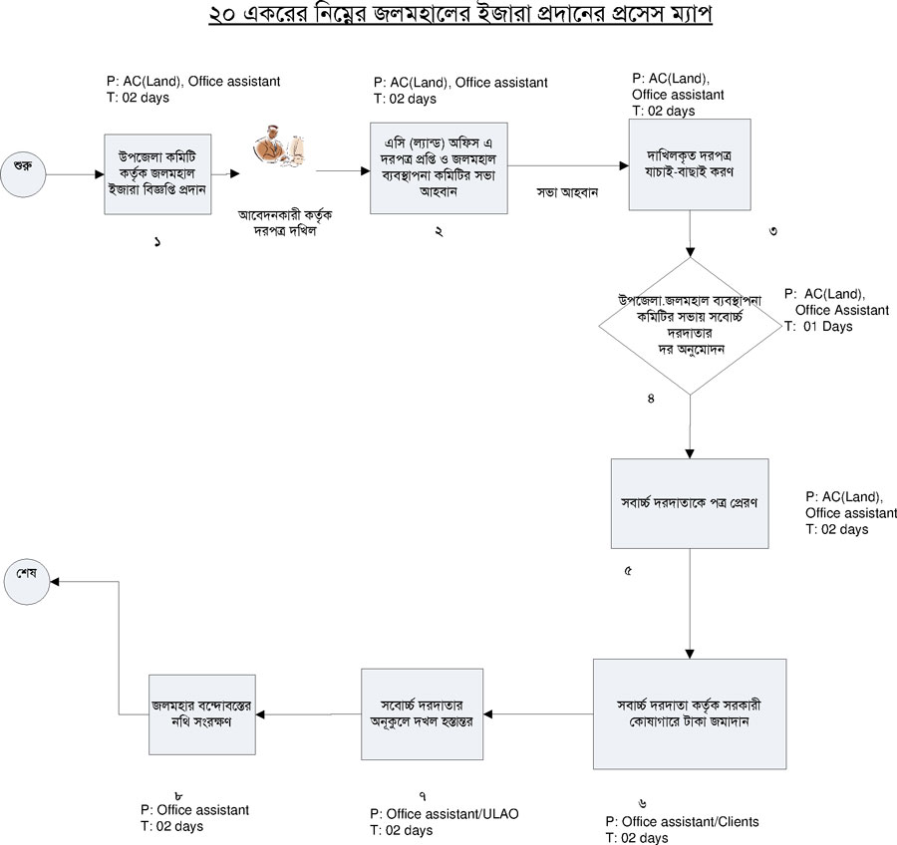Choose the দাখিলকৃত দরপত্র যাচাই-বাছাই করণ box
690,164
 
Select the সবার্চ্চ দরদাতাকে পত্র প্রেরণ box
690,503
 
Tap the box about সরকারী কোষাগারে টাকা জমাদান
690,713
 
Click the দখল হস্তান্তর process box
422,713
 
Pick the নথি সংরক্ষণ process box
198,713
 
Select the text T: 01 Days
818,326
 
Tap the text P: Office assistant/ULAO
444,814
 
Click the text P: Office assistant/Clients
683,822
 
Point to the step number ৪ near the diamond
650,400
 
